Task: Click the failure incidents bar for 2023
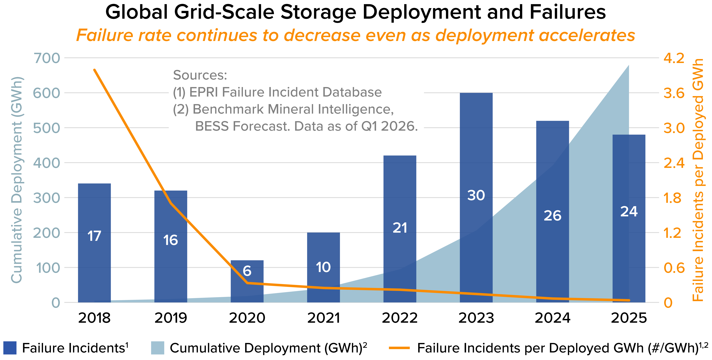click(476, 198)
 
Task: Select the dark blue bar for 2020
click(247, 281)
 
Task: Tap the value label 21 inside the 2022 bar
click(400, 228)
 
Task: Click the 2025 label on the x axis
click(629, 318)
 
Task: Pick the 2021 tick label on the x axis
click(323, 318)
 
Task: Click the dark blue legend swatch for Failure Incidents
click(10, 348)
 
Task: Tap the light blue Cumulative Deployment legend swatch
click(158, 348)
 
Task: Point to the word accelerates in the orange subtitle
click(587, 35)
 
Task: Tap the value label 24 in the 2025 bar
click(629, 212)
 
